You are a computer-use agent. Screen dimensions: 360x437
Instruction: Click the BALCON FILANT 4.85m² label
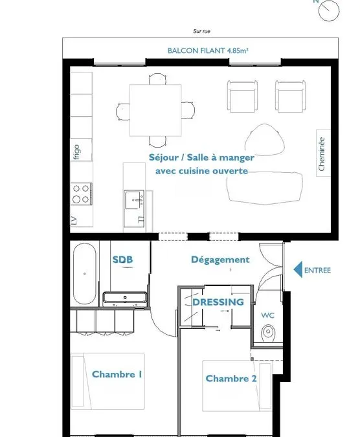[208, 50]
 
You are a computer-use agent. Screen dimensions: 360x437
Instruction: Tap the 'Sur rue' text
[201, 31]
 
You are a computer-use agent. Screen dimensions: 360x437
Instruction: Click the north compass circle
[329, 10]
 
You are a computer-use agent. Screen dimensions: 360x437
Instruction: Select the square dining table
[155, 110]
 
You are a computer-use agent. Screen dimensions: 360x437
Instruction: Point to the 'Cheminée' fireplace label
[322, 153]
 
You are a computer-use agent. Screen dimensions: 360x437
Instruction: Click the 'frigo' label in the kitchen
[76, 151]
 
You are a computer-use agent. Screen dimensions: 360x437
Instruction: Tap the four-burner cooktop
[81, 194]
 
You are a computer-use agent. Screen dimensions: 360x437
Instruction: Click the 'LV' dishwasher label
[74, 221]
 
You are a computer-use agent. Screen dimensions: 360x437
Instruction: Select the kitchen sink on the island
[134, 199]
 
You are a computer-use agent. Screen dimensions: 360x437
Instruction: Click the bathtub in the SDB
[84, 274]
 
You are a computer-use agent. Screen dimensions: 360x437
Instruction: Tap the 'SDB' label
[122, 260]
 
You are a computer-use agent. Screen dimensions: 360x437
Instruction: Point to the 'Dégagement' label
[220, 260]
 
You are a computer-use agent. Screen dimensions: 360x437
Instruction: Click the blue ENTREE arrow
[298, 269]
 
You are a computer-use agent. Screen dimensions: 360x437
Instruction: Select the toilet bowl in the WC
[268, 333]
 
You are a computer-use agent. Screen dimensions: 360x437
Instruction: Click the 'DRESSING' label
[218, 302]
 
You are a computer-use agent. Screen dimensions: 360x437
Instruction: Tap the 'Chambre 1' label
[117, 374]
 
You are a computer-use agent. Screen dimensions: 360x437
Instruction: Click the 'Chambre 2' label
[231, 379]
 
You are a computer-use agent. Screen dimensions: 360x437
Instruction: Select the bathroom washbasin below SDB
[125, 298]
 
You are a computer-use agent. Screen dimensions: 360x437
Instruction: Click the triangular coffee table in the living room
[265, 140]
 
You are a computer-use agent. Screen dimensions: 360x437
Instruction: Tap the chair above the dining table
[158, 78]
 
